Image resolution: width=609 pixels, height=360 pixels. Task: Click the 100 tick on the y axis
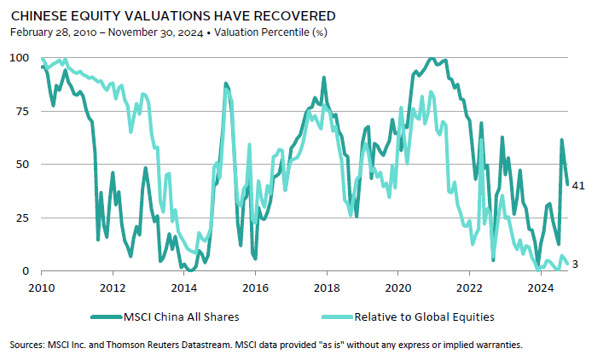[x=17, y=58]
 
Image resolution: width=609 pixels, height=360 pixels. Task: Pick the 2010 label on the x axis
[x=42, y=287]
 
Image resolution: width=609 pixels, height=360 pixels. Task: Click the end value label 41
[x=577, y=185]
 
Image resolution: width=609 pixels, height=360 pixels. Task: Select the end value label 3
[x=575, y=264]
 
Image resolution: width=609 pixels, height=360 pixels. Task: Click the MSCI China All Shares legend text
[x=180, y=317]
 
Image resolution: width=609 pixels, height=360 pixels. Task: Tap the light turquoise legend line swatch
[x=340, y=317]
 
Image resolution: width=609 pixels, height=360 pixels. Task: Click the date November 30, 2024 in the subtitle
[x=153, y=32]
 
